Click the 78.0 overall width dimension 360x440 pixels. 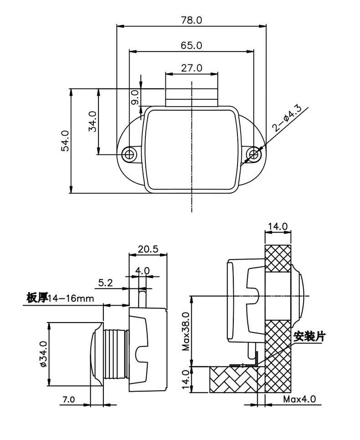191,20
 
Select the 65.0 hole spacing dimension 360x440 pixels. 191,45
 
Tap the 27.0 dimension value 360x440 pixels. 191,68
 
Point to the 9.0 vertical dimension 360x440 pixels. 135,97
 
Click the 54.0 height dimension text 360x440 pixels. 65,141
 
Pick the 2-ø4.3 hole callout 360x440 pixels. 287,118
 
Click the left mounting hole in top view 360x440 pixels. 129,154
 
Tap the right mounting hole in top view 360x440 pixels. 254,154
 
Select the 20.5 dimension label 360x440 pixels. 148,249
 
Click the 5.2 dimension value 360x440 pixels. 106,282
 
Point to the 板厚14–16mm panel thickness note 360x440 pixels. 60,298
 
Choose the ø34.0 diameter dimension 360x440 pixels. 44,353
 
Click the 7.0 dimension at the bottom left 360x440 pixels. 68,399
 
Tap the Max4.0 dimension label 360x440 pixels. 299,399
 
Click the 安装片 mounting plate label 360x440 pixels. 309,336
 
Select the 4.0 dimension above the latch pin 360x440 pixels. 142,271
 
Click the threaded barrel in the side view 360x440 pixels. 116,353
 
